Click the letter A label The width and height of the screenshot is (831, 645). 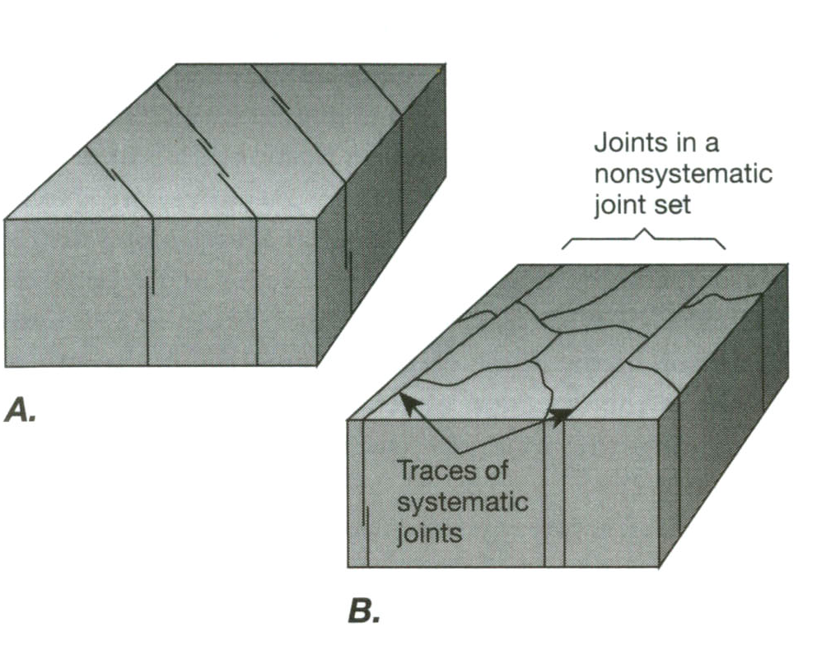[x=19, y=410]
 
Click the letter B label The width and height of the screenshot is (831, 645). [x=364, y=611]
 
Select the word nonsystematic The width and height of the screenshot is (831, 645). [x=684, y=174]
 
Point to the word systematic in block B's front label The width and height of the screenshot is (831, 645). [x=462, y=501]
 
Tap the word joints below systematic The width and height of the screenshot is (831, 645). [x=429, y=533]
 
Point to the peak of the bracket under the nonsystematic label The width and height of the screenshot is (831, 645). [x=644, y=233]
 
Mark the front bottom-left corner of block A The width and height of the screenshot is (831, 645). [x=6, y=365]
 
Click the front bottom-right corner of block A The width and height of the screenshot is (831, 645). [x=317, y=364]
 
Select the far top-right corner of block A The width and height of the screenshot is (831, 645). [x=446, y=64]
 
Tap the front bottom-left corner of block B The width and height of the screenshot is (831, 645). [x=349, y=567]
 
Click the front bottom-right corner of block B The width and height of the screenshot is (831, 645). [x=660, y=567]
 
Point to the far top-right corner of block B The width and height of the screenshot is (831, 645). [x=787, y=266]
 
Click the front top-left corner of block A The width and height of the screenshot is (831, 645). [x=6, y=219]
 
